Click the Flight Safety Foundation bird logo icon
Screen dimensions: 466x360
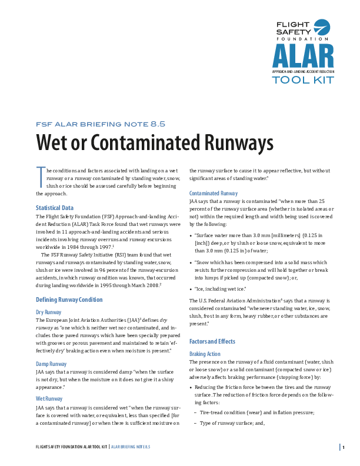pos(322,28)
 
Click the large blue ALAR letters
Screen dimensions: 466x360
pos(302,56)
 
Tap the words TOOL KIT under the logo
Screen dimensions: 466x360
pos(302,80)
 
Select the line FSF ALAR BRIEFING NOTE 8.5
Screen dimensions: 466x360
pos(101,124)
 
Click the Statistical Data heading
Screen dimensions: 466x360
pos(55,208)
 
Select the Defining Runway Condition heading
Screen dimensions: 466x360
pos(69,299)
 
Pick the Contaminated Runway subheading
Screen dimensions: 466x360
pos(214,193)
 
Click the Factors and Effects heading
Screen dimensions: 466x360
pos(212,341)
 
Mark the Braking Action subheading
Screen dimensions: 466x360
pos(205,354)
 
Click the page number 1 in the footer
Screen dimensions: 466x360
pos(344,447)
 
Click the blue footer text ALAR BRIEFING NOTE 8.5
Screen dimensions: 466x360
pos(131,447)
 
